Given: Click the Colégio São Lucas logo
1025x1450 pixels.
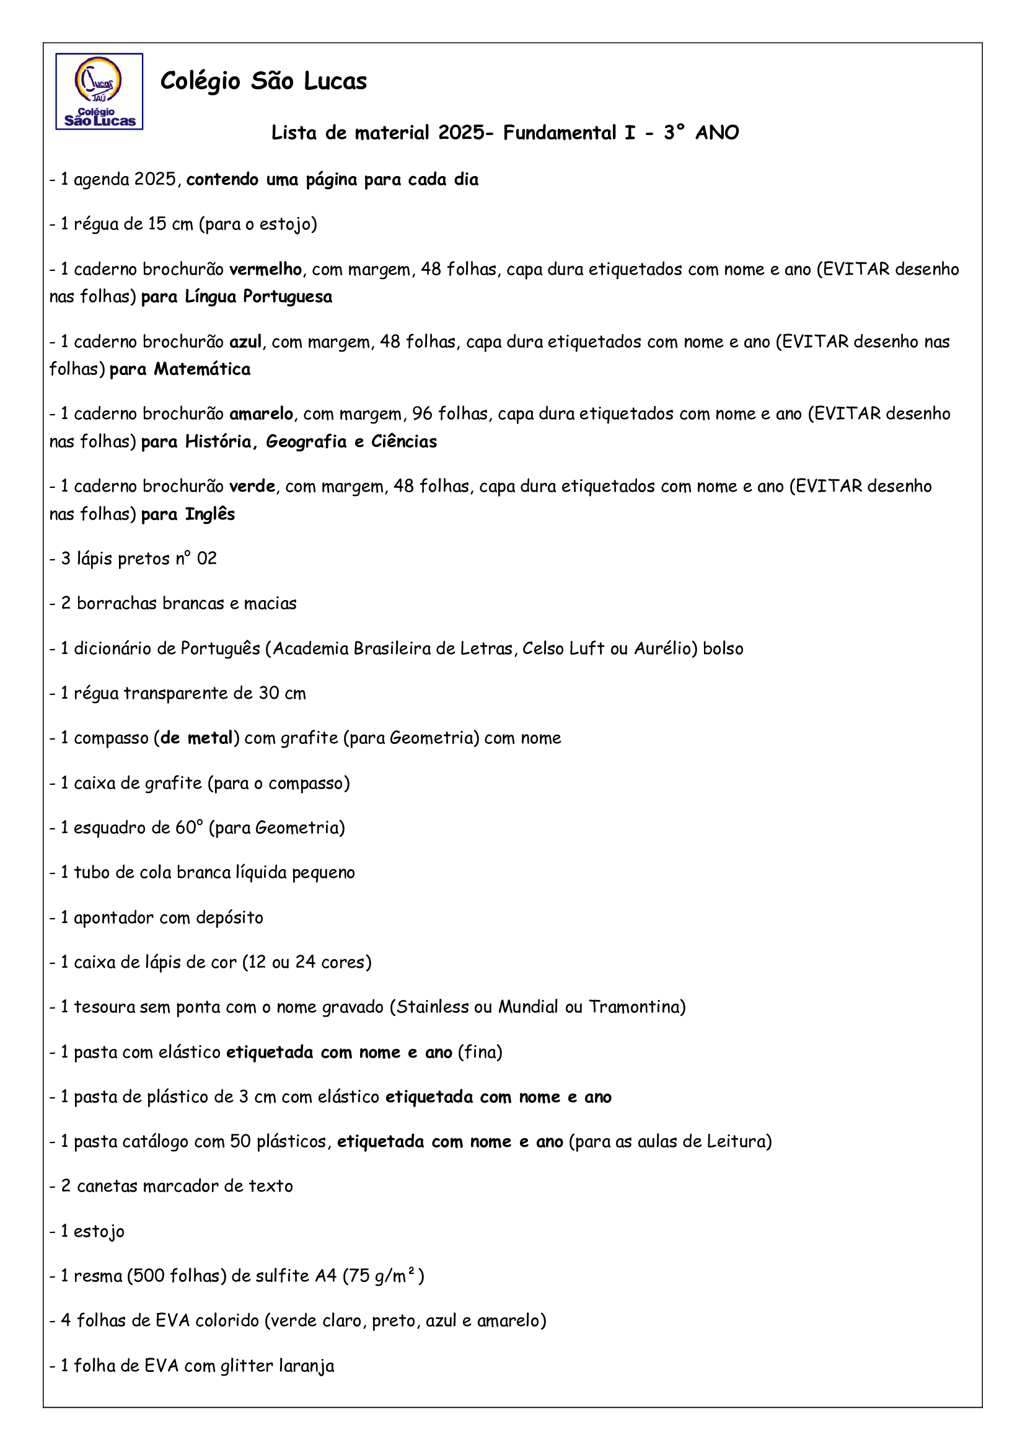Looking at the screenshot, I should pos(99,92).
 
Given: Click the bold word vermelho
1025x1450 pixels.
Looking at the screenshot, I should pos(265,270).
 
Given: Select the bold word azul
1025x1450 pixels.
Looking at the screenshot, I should pos(245,342).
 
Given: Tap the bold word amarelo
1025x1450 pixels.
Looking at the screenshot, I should pos(261,414).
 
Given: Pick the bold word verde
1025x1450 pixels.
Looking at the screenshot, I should pos(252,486).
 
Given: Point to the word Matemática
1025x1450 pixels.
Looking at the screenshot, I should pos(202,369).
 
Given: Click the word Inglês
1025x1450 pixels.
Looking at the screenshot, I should pos(209,514).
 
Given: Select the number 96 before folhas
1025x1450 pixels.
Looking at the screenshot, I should pos(422,414).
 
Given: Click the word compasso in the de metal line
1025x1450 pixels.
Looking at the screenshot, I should pos(111,739).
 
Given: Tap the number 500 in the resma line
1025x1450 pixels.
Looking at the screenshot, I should pos(148,1276).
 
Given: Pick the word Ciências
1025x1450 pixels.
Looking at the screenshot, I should pos(404,441).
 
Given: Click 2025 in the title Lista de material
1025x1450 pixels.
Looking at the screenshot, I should pos(462,133).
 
